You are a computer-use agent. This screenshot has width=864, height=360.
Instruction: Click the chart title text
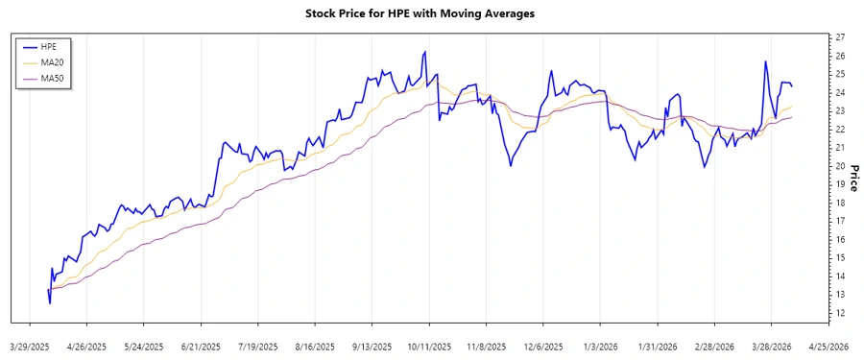(x=432, y=13)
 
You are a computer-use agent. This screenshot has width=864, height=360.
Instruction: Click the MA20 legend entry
(x=53, y=62)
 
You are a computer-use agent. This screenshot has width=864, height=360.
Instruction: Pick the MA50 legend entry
(x=53, y=78)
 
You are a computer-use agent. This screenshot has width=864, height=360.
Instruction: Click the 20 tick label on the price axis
(x=840, y=166)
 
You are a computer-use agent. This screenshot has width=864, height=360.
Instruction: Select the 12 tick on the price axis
(x=840, y=313)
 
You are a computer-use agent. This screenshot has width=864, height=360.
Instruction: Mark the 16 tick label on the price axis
(x=840, y=239)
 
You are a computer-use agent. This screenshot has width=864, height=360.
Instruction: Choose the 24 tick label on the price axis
(x=840, y=92)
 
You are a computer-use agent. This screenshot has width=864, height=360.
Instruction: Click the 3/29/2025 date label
(x=31, y=346)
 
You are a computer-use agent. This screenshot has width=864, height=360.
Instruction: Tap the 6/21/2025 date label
(x=202, y=346)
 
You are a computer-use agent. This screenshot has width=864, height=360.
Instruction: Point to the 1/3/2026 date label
(x=602, y=346)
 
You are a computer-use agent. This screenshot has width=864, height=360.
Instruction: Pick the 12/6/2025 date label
(x=544, y=346)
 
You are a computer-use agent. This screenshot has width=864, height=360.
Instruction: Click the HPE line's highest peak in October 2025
(x=424, y=52)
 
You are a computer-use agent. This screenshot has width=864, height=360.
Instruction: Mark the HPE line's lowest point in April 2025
(x=50, y=303)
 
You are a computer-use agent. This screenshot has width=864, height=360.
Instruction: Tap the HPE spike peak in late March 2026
(x=765, y=61)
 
